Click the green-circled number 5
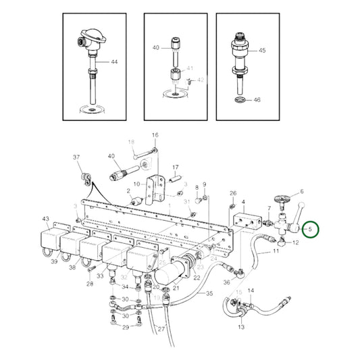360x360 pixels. pos(310,230)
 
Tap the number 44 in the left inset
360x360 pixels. pos(114,61)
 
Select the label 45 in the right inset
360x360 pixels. pos(262,51)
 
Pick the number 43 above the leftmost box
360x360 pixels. pos(46,219)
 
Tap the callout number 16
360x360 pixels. pos(155,135)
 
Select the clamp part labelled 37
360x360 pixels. pos(84,178)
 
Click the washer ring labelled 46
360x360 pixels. pos(240,101)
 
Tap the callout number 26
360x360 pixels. pos(233,193)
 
